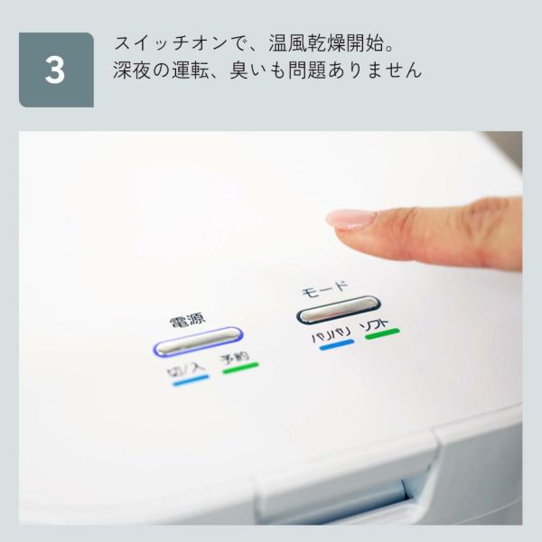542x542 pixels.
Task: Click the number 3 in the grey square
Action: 55,70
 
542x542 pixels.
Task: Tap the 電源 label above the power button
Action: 187,321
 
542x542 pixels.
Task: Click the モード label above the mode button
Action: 324,290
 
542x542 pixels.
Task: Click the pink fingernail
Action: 350,220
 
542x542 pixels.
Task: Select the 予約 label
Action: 235,358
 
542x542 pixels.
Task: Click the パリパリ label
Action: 331,335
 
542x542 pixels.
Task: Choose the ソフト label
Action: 374,325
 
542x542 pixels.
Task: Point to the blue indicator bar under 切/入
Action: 192,380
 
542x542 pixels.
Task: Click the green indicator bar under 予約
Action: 240,368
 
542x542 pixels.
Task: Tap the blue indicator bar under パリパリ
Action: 337,345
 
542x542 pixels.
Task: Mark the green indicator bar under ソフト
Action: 383,333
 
